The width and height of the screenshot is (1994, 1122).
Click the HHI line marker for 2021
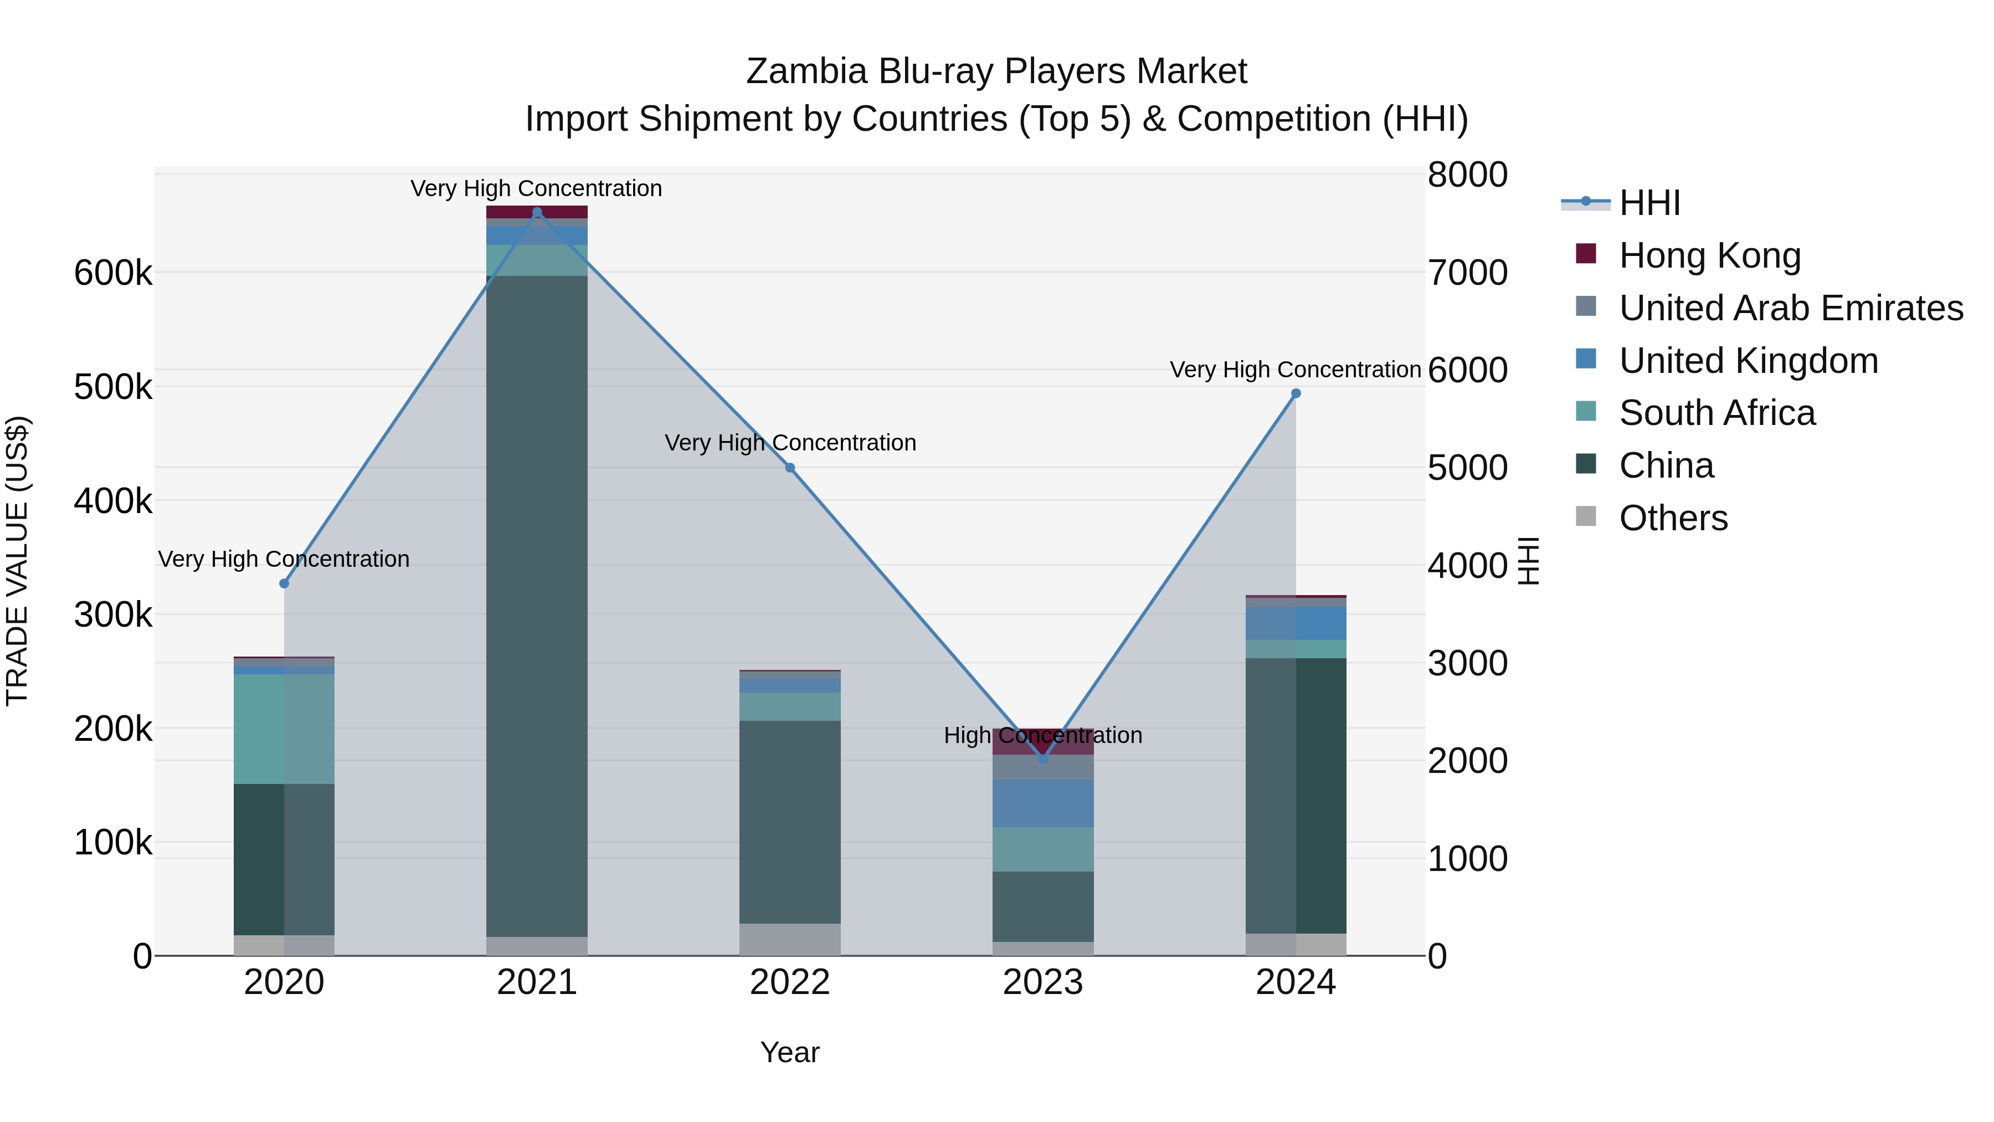[x=537, y=212]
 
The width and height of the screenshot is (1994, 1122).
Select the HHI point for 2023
[x=1042, y=759]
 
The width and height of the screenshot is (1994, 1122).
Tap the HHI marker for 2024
[x=1296, y=393]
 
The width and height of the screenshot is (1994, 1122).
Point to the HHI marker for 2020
[x=284, y=583]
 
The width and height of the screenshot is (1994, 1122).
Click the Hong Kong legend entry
[x=1709, y=255]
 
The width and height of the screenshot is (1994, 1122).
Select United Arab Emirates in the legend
[x=1790, y=308]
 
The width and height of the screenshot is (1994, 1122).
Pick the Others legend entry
[x=1673, y=518]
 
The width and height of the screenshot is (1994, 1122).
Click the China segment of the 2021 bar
[x=537, y=604]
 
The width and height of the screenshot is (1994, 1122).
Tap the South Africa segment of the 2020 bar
[x=284, y=728]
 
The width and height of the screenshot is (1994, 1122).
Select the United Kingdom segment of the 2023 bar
[x=1042, y=803]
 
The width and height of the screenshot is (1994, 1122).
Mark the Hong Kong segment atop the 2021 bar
[x=537, y=212]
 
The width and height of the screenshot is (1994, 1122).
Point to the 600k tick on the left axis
[x=113, y=273]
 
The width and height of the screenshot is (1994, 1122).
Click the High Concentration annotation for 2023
[x=1042, y=735]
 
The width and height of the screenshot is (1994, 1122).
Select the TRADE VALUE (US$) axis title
[x=17, y=561]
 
